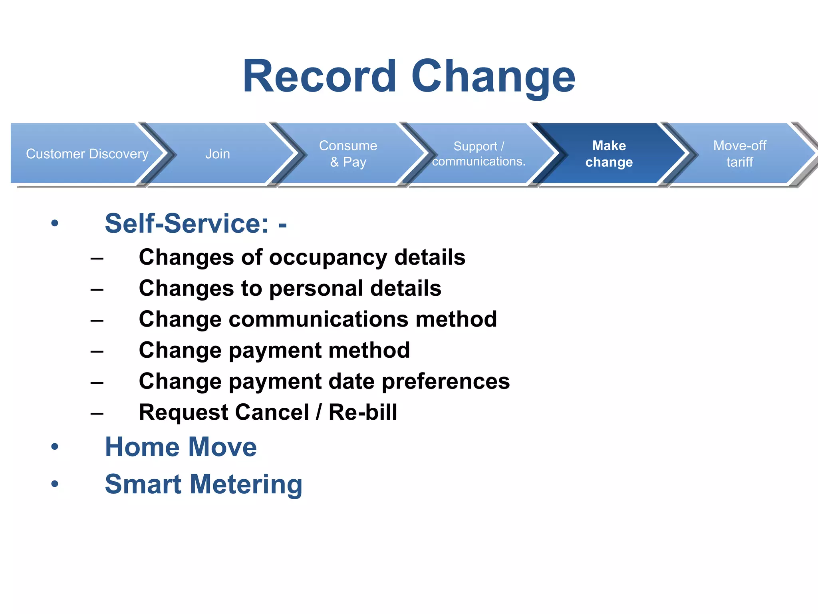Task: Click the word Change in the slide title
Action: (x=493, y=77)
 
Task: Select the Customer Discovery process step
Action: (x=87, y=154)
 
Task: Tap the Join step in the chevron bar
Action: (x=218, y=154)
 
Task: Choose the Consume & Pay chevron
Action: (x=348, y=154)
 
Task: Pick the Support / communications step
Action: (x=478, y=154)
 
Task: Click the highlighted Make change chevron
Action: (x=609, y=154)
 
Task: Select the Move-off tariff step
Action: (x=740, y=154)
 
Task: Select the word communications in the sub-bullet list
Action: (x=319, y=319)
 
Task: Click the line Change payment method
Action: (x=274, y=350)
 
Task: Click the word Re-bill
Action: (x=363, y=412)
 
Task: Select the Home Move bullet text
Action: (x=181, y=447)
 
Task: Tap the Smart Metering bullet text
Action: (x=203, y=484)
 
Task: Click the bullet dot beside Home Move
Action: (x=55, y=447)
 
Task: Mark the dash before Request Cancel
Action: (x=97, y=413)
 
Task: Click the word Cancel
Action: (x=272, y=412)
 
